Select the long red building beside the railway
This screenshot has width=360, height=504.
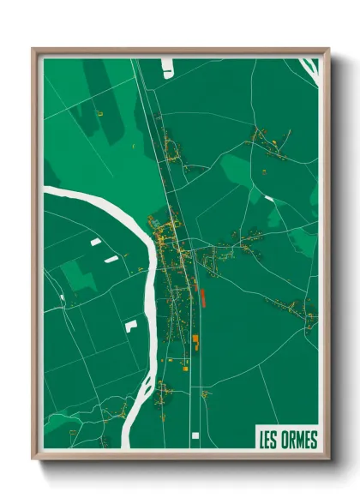tap(204, 297)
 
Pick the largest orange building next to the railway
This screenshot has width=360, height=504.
tap(195, 342)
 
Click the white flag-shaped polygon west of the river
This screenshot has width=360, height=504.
tap(130, 325)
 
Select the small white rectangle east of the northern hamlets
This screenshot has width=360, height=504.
tap(269, 199)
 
